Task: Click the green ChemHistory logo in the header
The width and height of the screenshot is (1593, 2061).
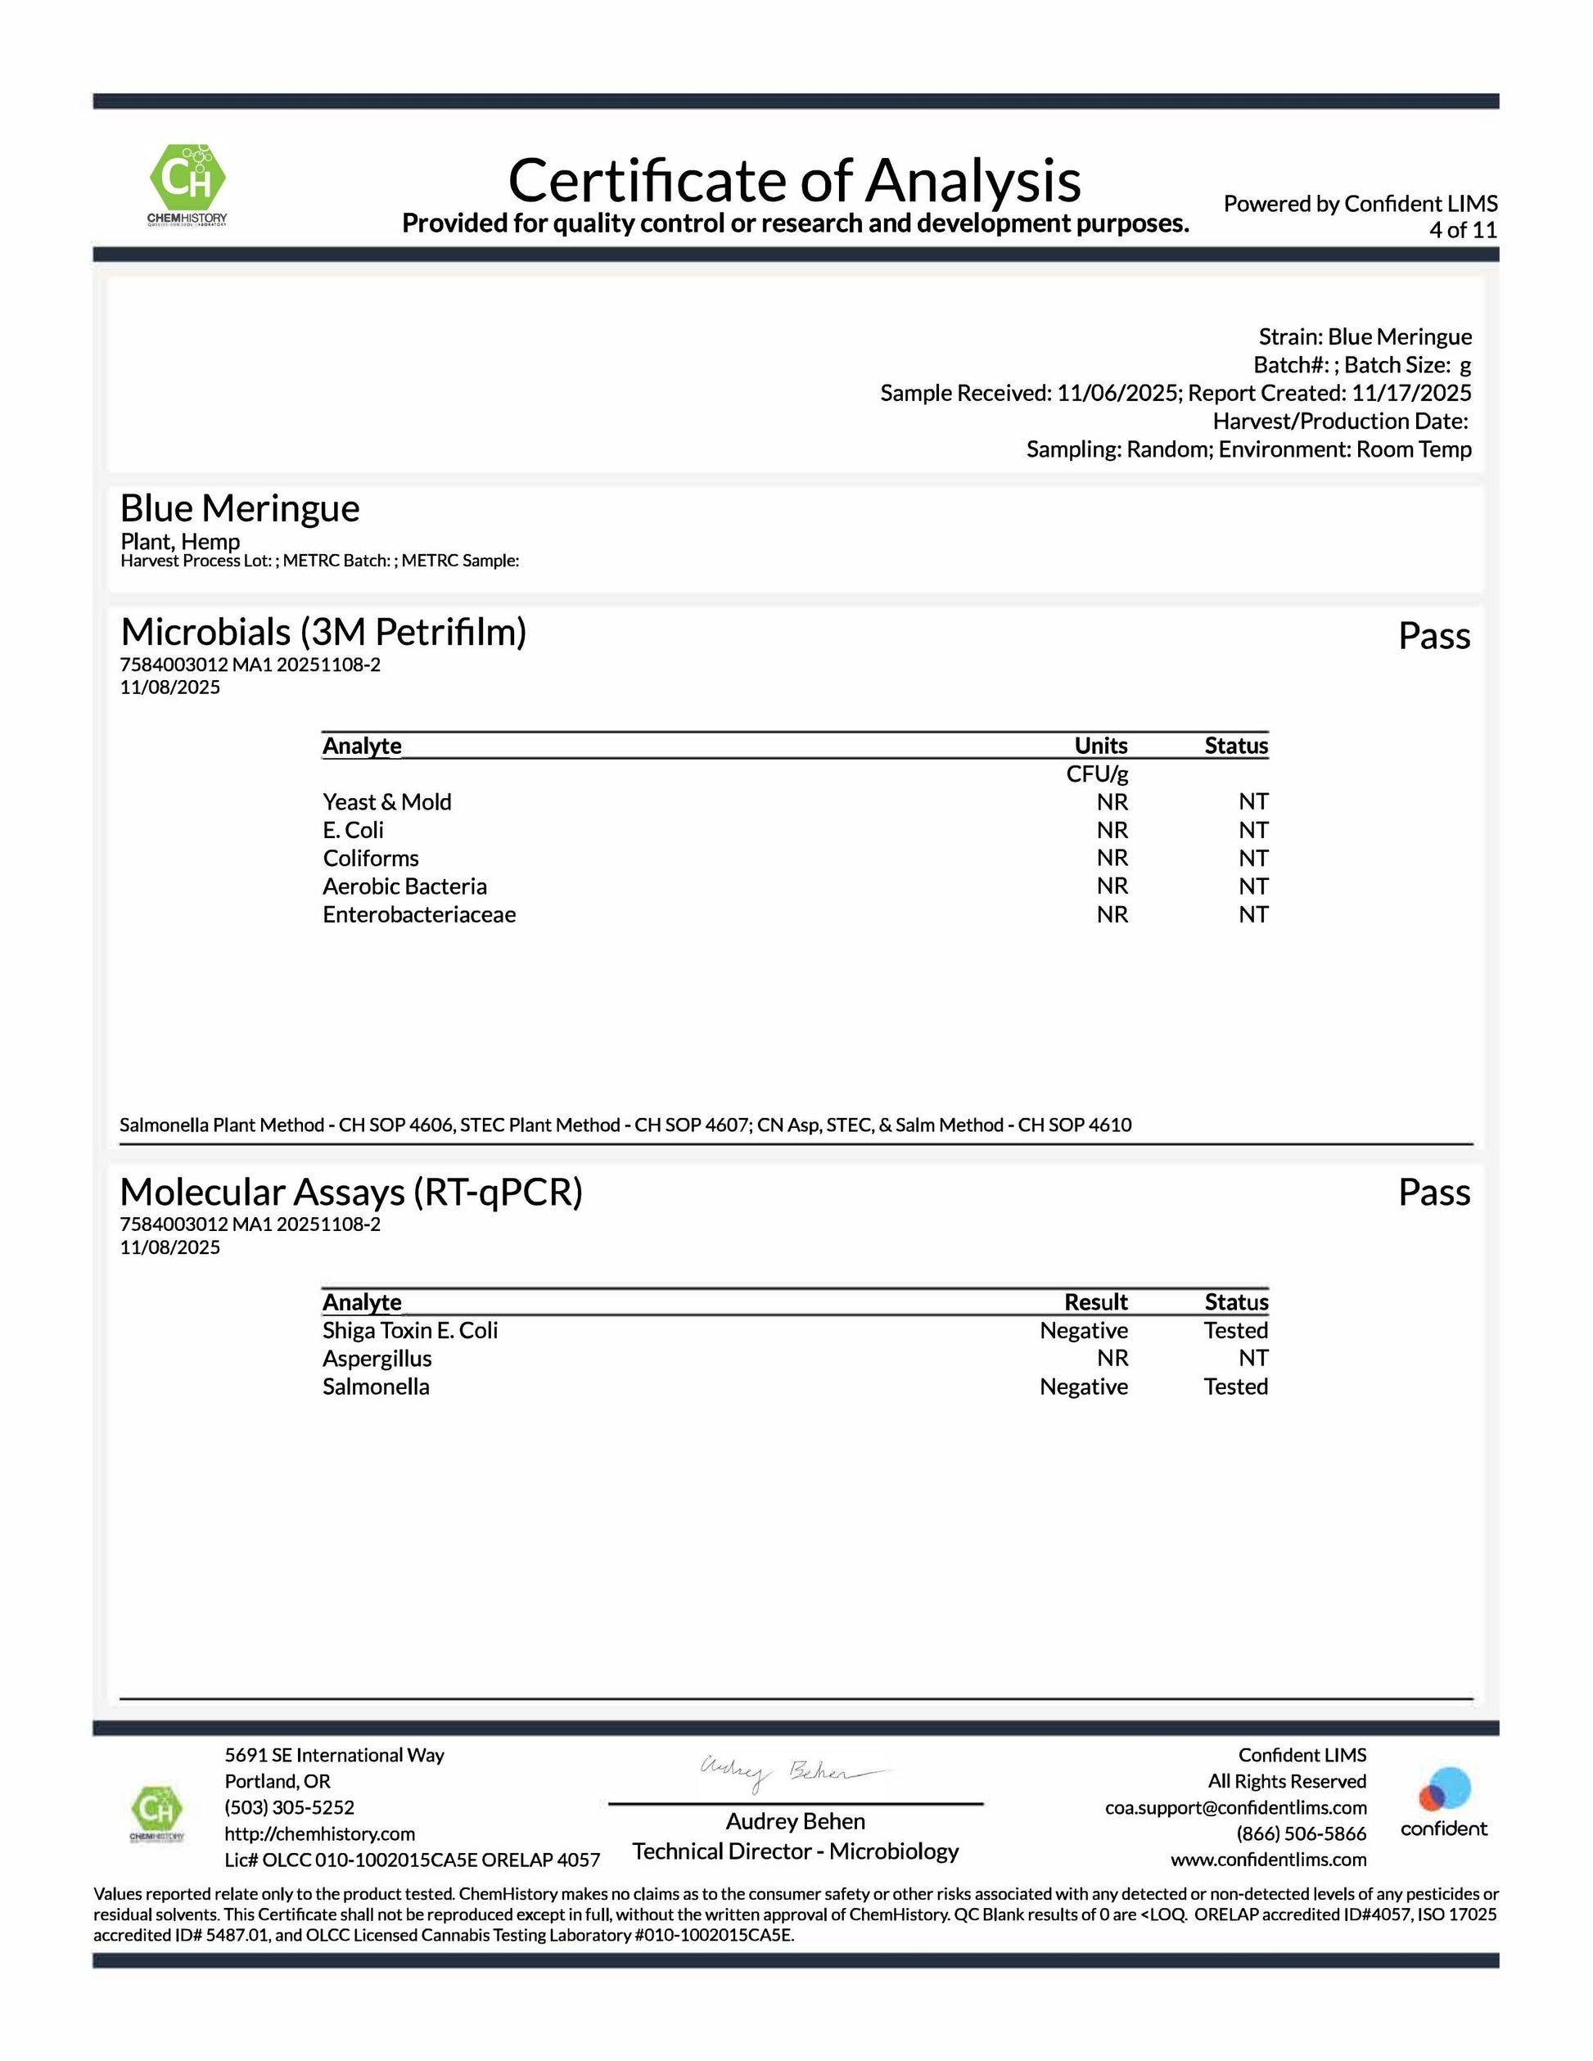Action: [187, 183]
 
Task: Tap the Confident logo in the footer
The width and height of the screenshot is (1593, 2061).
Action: [1443, 1802]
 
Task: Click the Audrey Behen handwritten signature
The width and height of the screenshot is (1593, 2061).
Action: [792, 1773]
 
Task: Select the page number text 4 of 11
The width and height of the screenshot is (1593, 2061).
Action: [1462, 230]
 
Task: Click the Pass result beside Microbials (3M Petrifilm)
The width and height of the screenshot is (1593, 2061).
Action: [1433, 637]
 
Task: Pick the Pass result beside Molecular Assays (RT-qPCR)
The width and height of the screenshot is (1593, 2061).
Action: [1433, 1193]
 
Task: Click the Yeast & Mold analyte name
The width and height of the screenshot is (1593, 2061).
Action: [387, 802]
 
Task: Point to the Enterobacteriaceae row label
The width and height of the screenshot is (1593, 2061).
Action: [419, 914]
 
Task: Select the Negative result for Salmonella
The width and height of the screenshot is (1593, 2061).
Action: [1083, 1387]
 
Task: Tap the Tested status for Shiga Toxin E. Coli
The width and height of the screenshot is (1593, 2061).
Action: [1235, 1331]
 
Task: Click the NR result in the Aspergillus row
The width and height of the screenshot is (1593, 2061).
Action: [1112, 1358]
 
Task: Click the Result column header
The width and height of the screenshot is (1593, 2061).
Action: [1095, 1302]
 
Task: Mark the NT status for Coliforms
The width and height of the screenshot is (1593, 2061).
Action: [1253, 858]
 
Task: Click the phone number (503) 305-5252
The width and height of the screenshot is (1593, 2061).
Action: [290, 1807]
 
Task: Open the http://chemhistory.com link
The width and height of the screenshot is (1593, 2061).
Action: [320, 1833]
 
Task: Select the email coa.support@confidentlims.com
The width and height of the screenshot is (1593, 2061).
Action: [1235, 1807]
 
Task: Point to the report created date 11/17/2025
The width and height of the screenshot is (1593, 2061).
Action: [1411, 393]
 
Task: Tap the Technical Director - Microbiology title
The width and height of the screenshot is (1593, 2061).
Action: [796, 1851]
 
